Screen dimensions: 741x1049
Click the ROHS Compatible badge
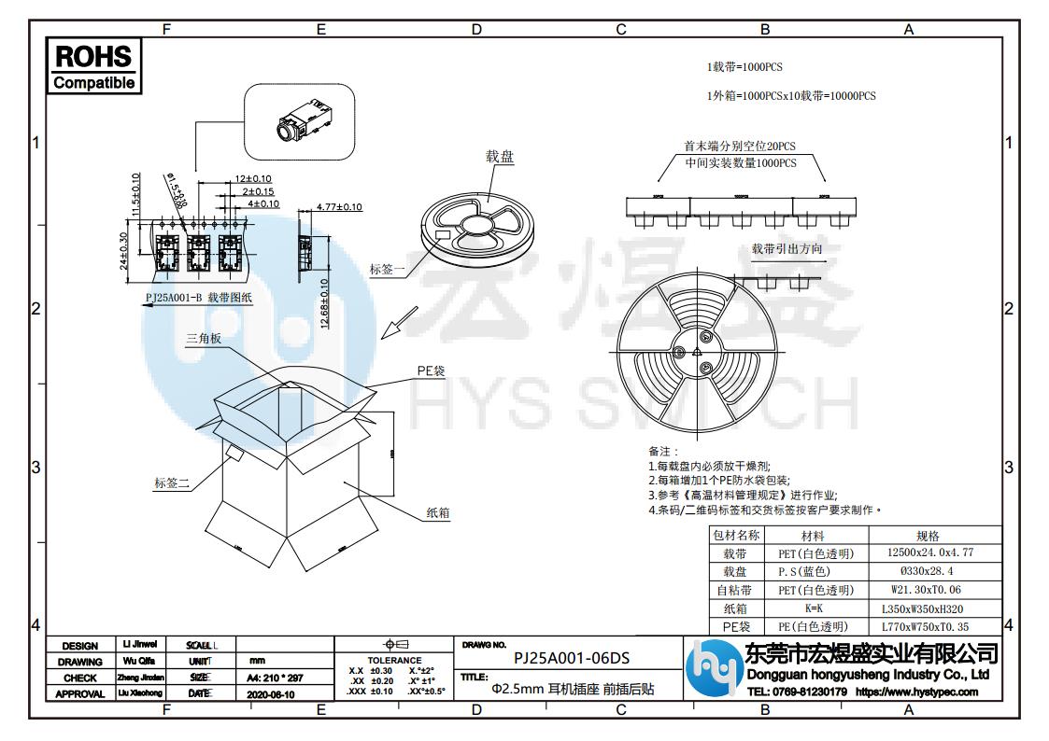[x=93, y=65]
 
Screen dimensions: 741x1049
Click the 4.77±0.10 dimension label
[x=339, y=206]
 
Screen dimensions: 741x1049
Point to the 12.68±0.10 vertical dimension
[x=325, y=303]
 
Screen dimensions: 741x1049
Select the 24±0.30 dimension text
[x=124, y=251]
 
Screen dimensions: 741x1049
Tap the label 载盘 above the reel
[x=500, y=157]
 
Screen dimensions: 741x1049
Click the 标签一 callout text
[x=388, y=270]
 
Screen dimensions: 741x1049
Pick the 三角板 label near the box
[x=204, y=340]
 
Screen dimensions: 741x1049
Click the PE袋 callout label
[x=431, y=370]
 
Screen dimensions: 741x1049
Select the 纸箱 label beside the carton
[x=438, y=512]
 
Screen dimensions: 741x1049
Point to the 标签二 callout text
[x=172, y=482]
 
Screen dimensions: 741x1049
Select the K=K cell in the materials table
[x=813, y=608]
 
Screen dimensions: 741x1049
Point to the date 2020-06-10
[x=271, y=694]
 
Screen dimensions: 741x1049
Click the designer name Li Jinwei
[x=140, y=644]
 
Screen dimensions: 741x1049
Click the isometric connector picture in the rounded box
[x=299, y=121]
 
